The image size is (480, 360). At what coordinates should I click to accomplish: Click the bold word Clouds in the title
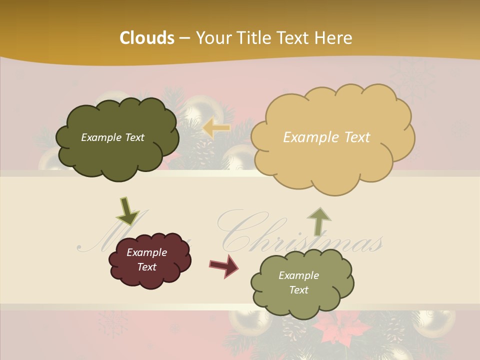coord(147,38)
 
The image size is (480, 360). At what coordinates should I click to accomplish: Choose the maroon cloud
coord(149,260)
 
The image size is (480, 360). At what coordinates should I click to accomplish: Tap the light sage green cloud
coord(302,283)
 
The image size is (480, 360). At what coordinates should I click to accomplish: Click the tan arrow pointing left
coord(216,128)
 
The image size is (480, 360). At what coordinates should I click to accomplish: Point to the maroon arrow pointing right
coord(224,265)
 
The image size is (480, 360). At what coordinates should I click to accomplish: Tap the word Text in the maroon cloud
coord(147,267)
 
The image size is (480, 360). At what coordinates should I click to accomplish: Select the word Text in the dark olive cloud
coord(134,137)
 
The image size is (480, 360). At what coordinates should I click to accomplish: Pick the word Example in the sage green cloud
coord(298,275)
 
